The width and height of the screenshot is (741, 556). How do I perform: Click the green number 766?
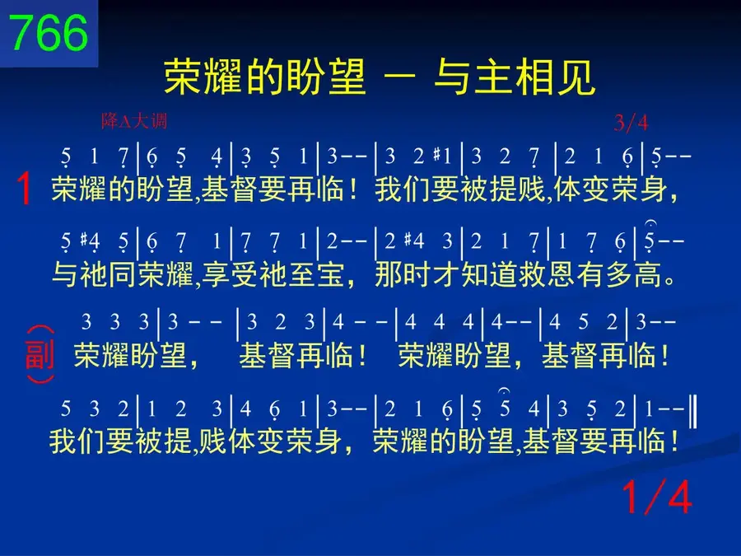tap(49, 33)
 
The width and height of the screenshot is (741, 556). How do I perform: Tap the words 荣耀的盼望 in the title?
tap(265, 77)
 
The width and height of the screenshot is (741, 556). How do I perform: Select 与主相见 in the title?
tap(515, 77)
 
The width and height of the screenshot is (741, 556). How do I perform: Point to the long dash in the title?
tap(400, 76)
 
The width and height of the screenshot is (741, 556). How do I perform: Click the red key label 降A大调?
tap(134, 122)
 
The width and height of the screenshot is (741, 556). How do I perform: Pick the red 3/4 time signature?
tap(631, 123)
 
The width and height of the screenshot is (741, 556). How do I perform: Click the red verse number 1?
tap(24, 189)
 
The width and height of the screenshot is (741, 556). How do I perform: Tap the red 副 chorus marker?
tap(40, 354)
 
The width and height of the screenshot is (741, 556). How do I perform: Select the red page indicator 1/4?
tap(657, 497)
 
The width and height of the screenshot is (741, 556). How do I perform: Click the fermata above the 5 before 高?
tap(650, 222)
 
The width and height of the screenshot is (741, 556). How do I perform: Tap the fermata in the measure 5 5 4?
tap(504, 391)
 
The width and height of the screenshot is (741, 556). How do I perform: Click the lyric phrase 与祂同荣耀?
tap(123, 274)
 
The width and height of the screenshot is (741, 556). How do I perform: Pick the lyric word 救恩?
tap(548, 274)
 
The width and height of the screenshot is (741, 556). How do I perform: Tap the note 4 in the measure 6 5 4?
tap(217, 157)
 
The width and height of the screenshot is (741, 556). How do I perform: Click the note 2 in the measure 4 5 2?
tap(612, 322)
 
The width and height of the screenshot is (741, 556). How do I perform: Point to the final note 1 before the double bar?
tap(650, 409)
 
